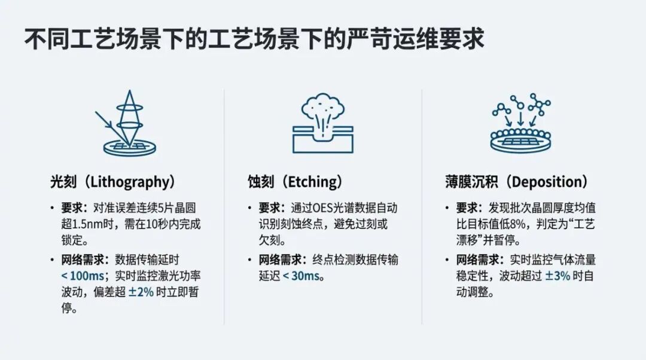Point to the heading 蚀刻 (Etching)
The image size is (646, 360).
[x=297, y=182]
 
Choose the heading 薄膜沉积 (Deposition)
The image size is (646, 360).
[x=517, y=182]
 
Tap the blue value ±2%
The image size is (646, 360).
[x=141, y=292]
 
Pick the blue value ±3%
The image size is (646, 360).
[x=557, y=276]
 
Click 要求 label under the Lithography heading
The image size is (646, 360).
[x=75, y=208]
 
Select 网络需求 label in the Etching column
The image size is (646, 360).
[x=280, y=260]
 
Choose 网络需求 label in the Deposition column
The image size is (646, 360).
[x=477, y=260]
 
